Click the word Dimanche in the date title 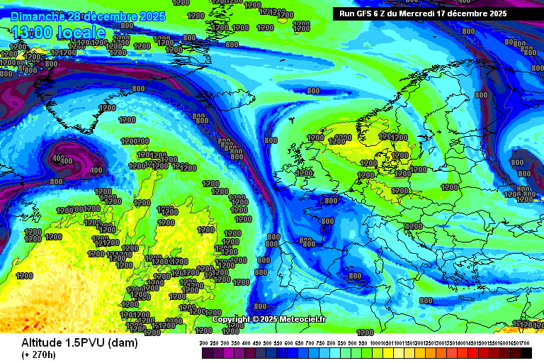38,16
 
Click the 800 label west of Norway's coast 313,91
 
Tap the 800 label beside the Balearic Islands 354,276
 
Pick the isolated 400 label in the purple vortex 96,170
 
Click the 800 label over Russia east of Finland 481,94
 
